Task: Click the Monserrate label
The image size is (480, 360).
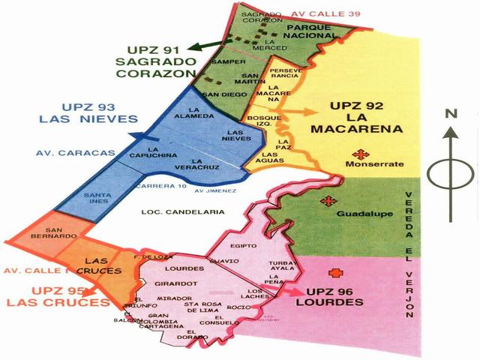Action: click(x=376, y=163)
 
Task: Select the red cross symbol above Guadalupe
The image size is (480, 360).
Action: click(x=326, y=200)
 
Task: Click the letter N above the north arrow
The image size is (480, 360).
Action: click(x=451, y=114)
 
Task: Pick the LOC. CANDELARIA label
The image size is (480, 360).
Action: click(x=183, y=213)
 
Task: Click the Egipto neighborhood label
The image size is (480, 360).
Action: click(x=245, y=246)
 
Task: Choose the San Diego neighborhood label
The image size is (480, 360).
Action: click(x=222, y=94)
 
